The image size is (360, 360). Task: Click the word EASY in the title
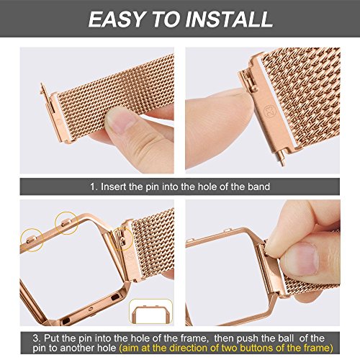117,19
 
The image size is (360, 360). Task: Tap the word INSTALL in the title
229,19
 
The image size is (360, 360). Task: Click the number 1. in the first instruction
94,186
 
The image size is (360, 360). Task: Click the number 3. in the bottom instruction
37,338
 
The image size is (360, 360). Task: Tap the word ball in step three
286,338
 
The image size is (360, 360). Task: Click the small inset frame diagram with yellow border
150,312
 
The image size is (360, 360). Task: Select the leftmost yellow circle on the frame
32,240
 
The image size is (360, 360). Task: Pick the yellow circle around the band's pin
122,239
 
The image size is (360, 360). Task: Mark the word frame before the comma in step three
192,338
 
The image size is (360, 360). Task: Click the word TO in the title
166,19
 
